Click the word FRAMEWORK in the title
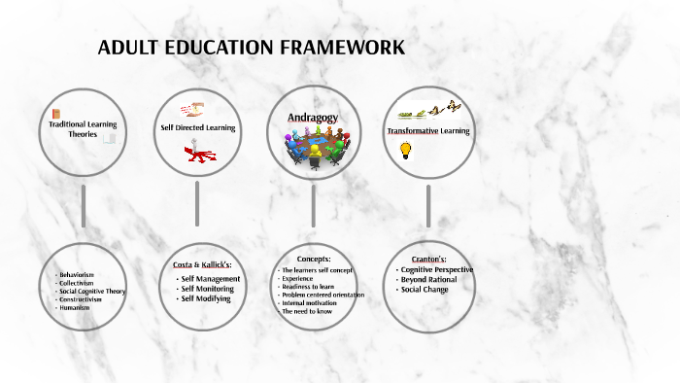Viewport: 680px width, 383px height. (x=341, y=49)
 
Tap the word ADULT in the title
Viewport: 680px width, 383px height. (x=128, y=49)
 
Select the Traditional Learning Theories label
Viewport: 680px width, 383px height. (x=84, y=129)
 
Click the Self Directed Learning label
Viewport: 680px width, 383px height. (x=198, y=128)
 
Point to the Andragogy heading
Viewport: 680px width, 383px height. (x=312, y=118)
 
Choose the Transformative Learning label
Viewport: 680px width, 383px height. (x=428, y=130)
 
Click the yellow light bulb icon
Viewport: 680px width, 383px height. (x=406, y=150)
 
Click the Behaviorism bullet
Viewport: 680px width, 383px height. (x=77, y=275)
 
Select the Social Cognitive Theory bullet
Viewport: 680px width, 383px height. (x=92, y=291)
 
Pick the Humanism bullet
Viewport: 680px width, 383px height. (x=74, y=307)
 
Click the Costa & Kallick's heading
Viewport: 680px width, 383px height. (x=198, y=264)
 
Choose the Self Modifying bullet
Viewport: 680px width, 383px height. (x=205, y=298)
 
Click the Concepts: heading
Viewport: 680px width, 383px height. (x=314, y=260)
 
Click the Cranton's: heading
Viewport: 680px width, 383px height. (x=427, y=259)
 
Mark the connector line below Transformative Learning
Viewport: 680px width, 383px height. (x=428, y=206)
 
